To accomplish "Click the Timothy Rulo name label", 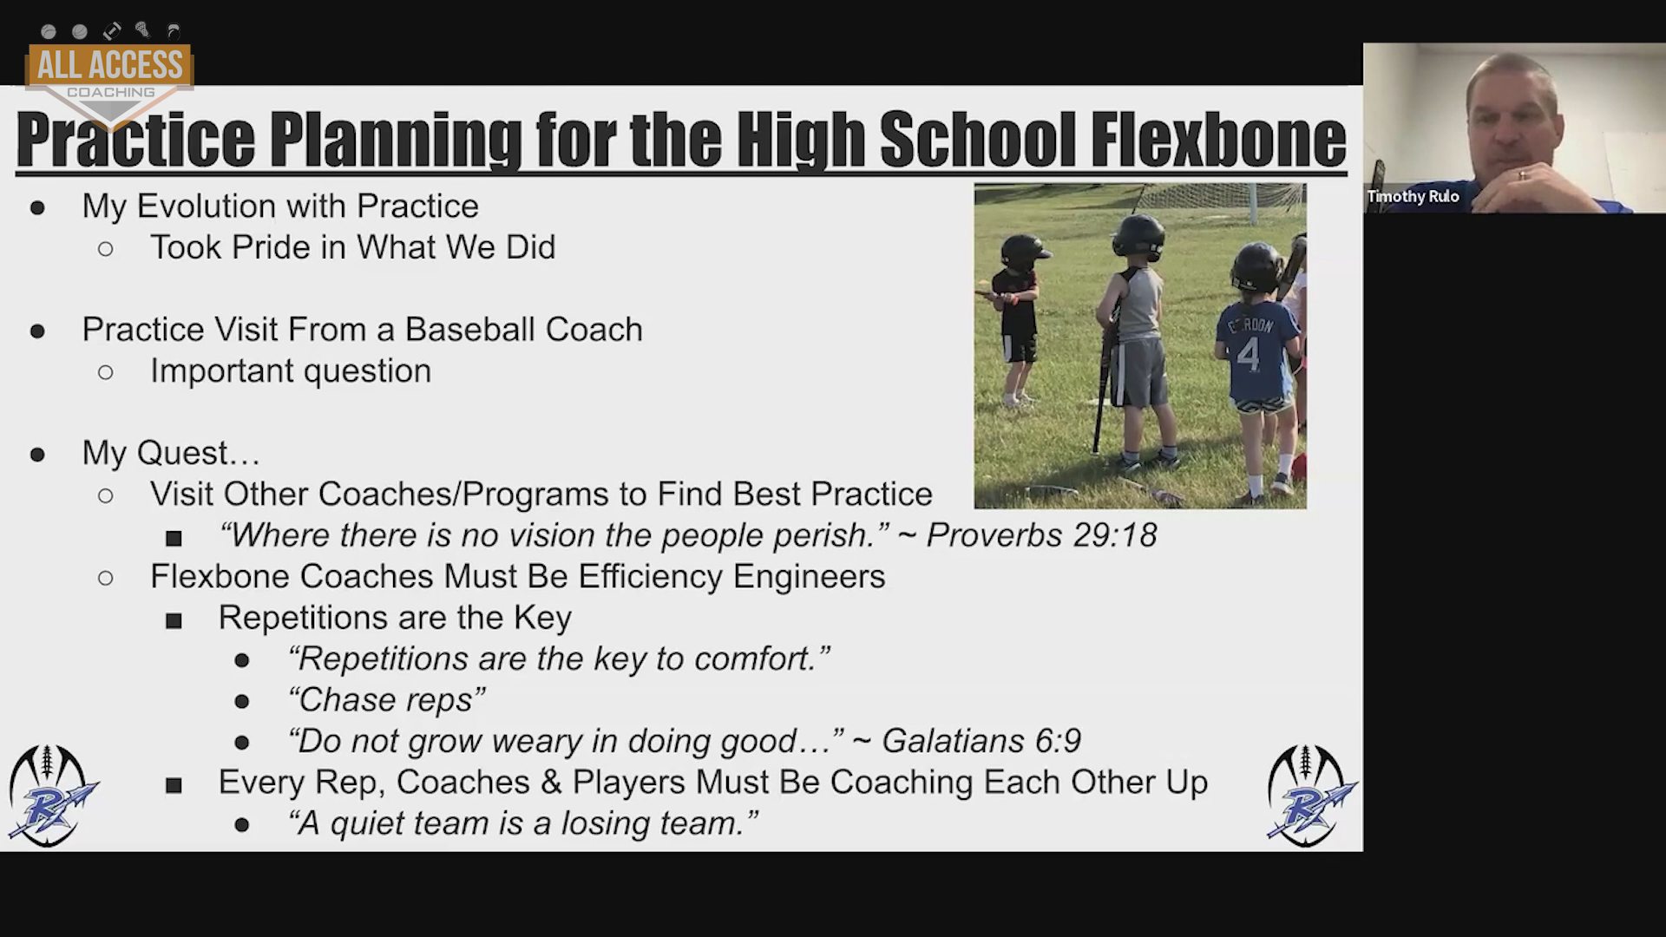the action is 1413,197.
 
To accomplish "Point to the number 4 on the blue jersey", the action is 1249,354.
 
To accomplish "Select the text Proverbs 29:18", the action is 1041,535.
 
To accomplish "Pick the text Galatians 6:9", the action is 981,741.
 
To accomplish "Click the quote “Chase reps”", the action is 386,700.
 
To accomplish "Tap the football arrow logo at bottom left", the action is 53,796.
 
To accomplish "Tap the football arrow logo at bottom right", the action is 1310,796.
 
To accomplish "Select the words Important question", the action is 291,371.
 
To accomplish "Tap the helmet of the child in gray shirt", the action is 1138,237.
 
